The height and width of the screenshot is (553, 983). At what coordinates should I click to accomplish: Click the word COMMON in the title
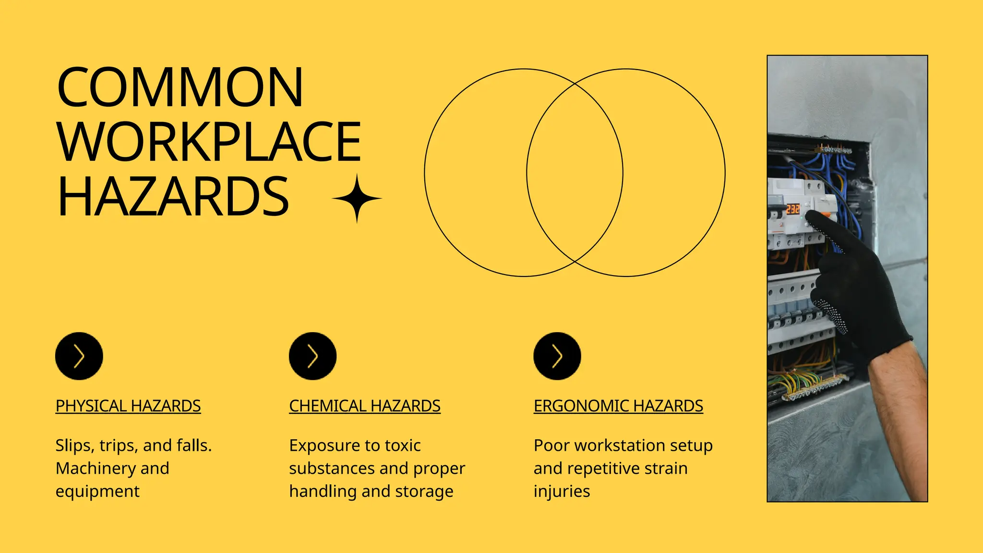[x=180, y=87]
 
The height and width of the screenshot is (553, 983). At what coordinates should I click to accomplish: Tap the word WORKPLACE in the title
[x=209, y=142]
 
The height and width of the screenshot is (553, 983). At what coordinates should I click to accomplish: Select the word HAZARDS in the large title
[x=173, y=197]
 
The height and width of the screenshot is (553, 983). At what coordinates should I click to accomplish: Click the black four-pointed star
[x=357, y=198]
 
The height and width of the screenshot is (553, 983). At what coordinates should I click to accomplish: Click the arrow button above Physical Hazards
[x=79, y=356]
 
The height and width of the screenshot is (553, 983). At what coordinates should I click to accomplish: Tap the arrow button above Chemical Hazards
[x=312, y=356]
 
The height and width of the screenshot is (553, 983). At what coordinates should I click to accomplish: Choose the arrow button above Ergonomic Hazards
[x=557, y=356]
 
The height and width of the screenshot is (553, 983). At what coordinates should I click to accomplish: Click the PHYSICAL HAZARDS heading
[x=128, y=406]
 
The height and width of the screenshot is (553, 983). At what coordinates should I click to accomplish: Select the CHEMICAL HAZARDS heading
[x=365, y=406]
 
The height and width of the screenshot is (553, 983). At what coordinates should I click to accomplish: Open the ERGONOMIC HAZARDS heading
[x=618, y=406]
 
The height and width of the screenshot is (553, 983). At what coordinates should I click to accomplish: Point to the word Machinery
[x=96, y=469]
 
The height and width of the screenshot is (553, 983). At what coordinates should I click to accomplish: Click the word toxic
[x=402, y=445]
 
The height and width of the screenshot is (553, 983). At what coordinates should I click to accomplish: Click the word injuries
[x=562, y=492]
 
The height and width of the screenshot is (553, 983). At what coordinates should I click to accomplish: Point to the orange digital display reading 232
[x=792, y=209]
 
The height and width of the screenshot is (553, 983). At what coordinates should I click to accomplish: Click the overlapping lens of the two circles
[x=575, y=173]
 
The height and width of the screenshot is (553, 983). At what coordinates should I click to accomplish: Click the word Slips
[x=74, y=445]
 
